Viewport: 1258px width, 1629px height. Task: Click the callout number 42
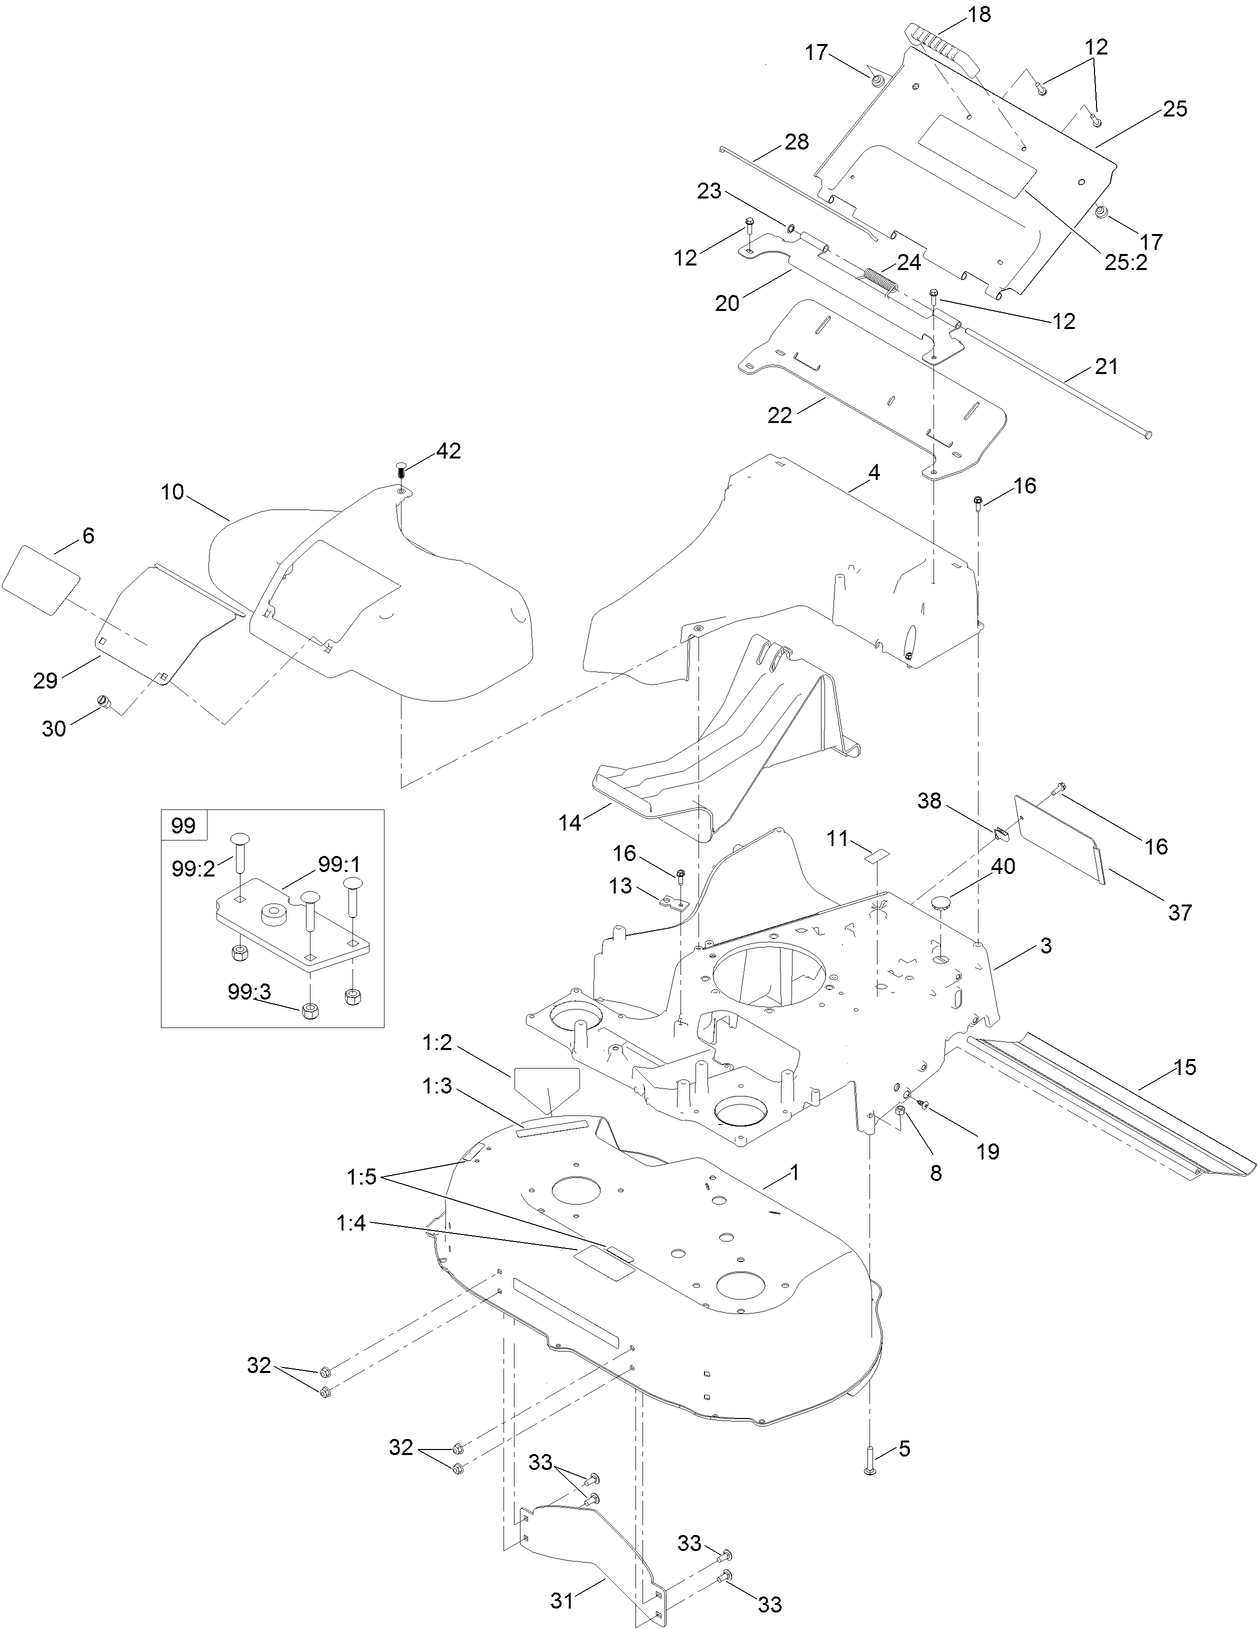448,451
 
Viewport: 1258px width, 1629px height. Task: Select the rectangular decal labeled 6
41,575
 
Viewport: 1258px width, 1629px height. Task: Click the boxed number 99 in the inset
184,826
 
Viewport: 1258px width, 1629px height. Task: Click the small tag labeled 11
877,855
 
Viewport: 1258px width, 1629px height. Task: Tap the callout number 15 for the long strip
1184,1067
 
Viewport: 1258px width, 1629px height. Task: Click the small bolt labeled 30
102,704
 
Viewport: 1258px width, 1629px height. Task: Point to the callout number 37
1181,912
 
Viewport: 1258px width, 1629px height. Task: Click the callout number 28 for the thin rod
796,141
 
